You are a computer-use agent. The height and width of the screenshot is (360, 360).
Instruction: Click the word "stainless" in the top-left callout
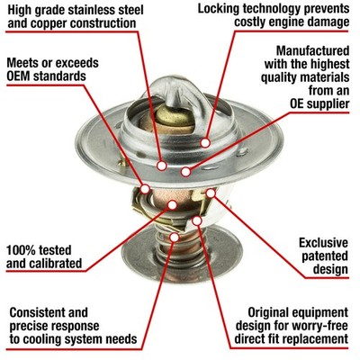pyautogui.click(x=86, y=10)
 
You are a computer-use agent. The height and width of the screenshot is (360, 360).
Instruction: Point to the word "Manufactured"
pyautogui.click(x=312, y=50)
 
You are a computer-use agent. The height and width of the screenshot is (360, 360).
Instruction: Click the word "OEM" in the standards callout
pyautogui.click(x=18, y=76)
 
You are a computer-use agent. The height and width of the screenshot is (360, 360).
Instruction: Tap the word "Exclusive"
pyautogui.click(x=323, y=243)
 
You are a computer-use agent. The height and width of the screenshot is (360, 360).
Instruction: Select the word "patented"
pyautogui.click(x=325, y=256)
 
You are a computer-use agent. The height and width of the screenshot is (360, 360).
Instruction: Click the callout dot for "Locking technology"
pyautogui.click(x=205, y=143)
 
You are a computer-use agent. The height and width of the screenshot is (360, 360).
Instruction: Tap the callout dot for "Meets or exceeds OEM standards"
pyautogui.click(x=145, y=189)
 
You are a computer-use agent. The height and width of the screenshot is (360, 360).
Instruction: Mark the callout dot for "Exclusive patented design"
pyautogui.click(x=211, y=193)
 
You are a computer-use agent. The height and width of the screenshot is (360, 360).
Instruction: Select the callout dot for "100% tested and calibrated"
pyautogui.click(x=172, y=205)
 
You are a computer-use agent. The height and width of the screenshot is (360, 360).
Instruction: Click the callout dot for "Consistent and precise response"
pyautogui.click(x=175, y=238)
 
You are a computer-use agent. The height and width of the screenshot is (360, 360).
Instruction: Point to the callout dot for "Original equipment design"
pyautogui.click(x=197, y=221)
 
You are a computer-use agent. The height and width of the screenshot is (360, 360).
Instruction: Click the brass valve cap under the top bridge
pyautogui.click(x=175, y=116)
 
